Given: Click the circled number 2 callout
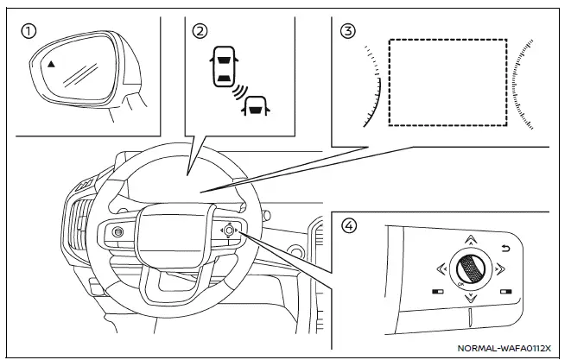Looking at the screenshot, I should pyautogui.click(x=200, y=32).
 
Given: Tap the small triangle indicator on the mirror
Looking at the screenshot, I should pyautogui.click(x=51, y=64).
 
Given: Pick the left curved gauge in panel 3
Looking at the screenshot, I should pyautogui.click(x=374, y=86).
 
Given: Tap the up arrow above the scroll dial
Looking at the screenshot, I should pyautogui.click(x=469, y=239).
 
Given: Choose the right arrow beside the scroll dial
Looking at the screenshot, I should pyautogui.click(x=499, y=268).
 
